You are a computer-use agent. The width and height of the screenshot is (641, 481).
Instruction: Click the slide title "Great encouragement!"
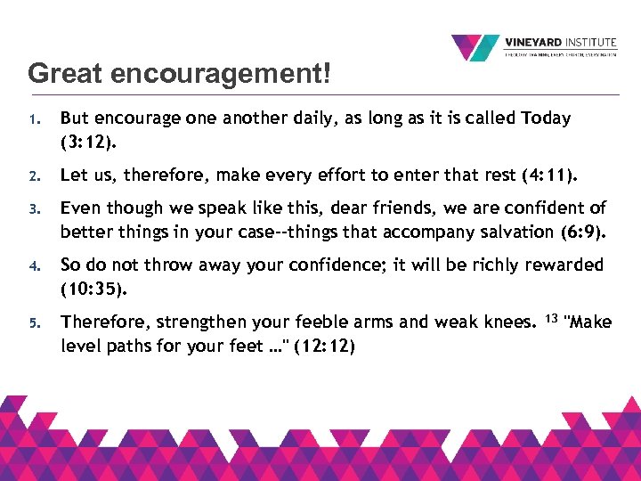(x=179, y=73)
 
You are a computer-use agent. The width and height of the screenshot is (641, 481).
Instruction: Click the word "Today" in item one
(x=546, y=118)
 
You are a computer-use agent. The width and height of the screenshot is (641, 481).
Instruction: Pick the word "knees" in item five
(x=507, y=322)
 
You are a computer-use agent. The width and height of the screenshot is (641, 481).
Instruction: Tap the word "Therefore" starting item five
(x=102, y=322)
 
